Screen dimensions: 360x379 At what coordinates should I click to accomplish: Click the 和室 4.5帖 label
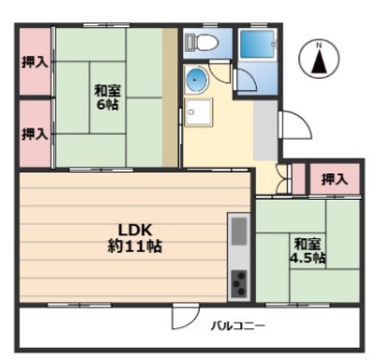pyautogui.click(x=307, y=247)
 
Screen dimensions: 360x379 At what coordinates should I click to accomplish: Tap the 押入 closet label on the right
pyautogui.click(x=334, y=178)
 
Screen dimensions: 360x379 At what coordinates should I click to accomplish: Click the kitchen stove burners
pyautogui.click(x=238, y=280)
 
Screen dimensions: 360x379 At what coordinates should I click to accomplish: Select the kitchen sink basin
pyautogui.click(x=238, y=231)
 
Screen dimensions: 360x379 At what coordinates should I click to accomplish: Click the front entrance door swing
pyautogui.click(x=292, y=127)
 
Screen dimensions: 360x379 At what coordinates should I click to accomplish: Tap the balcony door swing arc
pyautogui.click(x=183, y=319)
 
